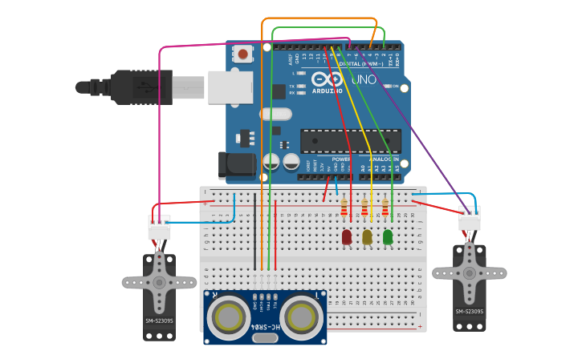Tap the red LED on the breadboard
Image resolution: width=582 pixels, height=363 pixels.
click(x=346, y=237)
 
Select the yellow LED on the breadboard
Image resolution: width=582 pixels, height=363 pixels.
click(x=367, y=237)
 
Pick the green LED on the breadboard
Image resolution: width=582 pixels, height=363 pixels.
click(x=388, y=237)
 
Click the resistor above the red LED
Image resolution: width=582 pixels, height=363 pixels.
click(x=344, y=209)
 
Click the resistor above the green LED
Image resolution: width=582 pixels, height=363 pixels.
click(x=385, y=209)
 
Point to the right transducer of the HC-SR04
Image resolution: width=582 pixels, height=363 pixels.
click(x=302, y=316)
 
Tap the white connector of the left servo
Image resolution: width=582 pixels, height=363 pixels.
click(x=159, y=228)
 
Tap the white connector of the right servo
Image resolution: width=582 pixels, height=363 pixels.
click(x=470, y=219)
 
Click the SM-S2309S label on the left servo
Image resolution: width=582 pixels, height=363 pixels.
click(x=159, y=321)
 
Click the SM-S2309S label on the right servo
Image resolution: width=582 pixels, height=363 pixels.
click(x=470, y=311)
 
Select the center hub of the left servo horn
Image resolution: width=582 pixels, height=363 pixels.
click(x=159, y=282)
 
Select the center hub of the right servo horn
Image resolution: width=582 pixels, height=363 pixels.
click(x=470, y=272)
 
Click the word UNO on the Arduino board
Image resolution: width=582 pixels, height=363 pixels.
click(x=365, y=80)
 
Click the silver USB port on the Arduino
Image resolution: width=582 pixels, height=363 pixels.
click(x=232, y=87)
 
